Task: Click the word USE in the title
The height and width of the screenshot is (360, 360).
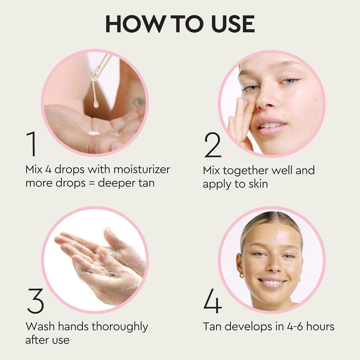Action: tap(231, 24)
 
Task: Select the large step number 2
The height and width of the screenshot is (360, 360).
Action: tap(212, 145)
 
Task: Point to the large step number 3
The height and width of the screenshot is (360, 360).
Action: tap(35, 301)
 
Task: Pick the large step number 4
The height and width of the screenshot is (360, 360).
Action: tap(213, 301)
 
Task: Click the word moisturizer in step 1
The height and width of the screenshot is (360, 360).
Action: tap(140, 169)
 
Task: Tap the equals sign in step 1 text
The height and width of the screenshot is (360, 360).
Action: tap(91, 183)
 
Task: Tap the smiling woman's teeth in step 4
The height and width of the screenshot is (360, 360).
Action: tap(272, 283)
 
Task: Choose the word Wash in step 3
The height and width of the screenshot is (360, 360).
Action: tap(39, 326)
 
